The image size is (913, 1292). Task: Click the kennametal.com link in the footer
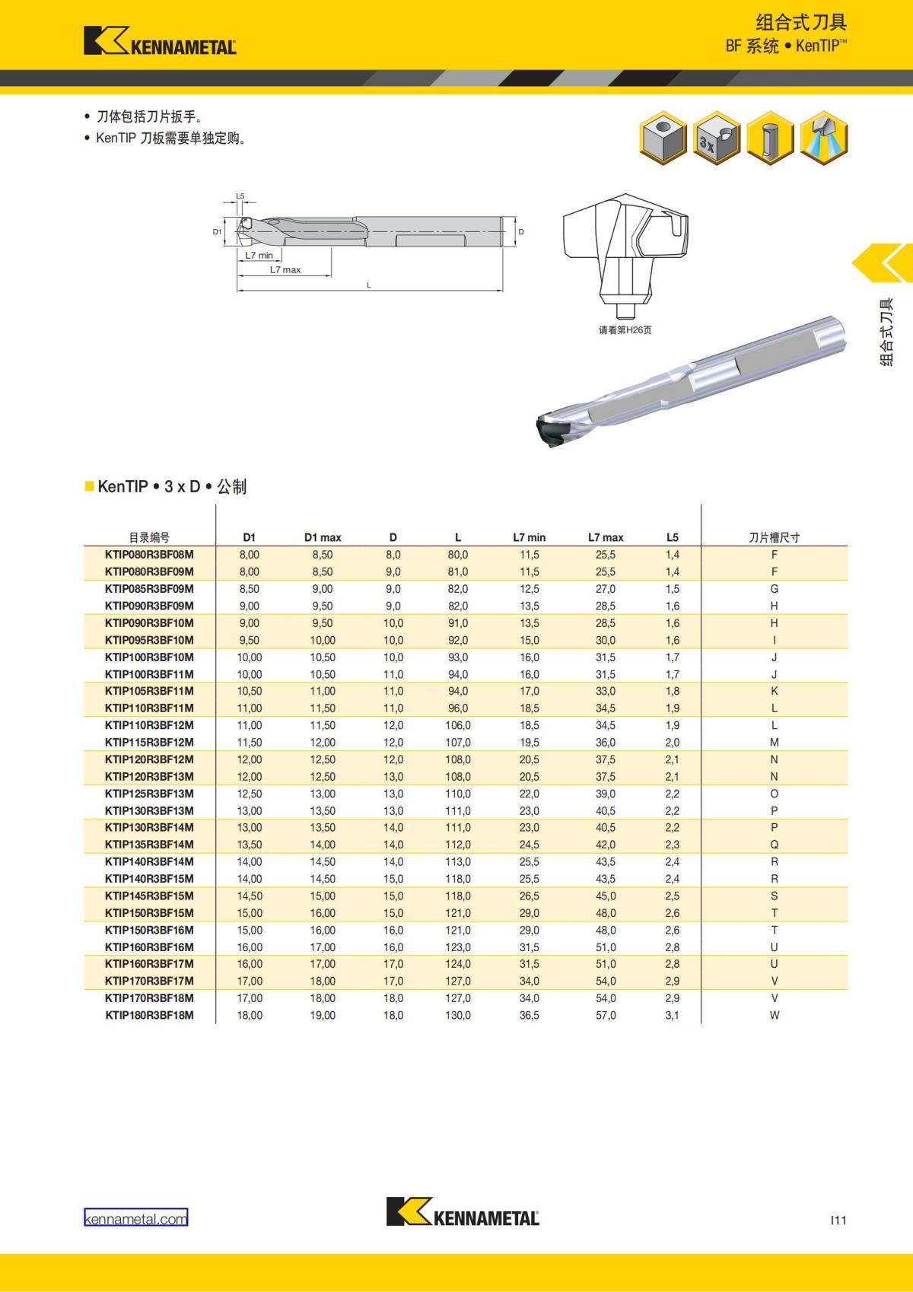pos(136,1219)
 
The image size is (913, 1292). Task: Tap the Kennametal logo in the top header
pos(160,41)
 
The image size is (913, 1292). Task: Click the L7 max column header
pos(606,537)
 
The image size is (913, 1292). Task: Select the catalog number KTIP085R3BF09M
pos(149,589)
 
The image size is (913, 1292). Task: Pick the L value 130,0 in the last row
pos(458,1015)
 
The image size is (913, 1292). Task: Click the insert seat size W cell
pos(774,1015)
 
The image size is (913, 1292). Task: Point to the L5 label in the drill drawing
pos(240,196)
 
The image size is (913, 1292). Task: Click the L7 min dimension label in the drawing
pos(259,256)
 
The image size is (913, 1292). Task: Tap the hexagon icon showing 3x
pos(717,138)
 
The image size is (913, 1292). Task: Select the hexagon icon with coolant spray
pos(824,138)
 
